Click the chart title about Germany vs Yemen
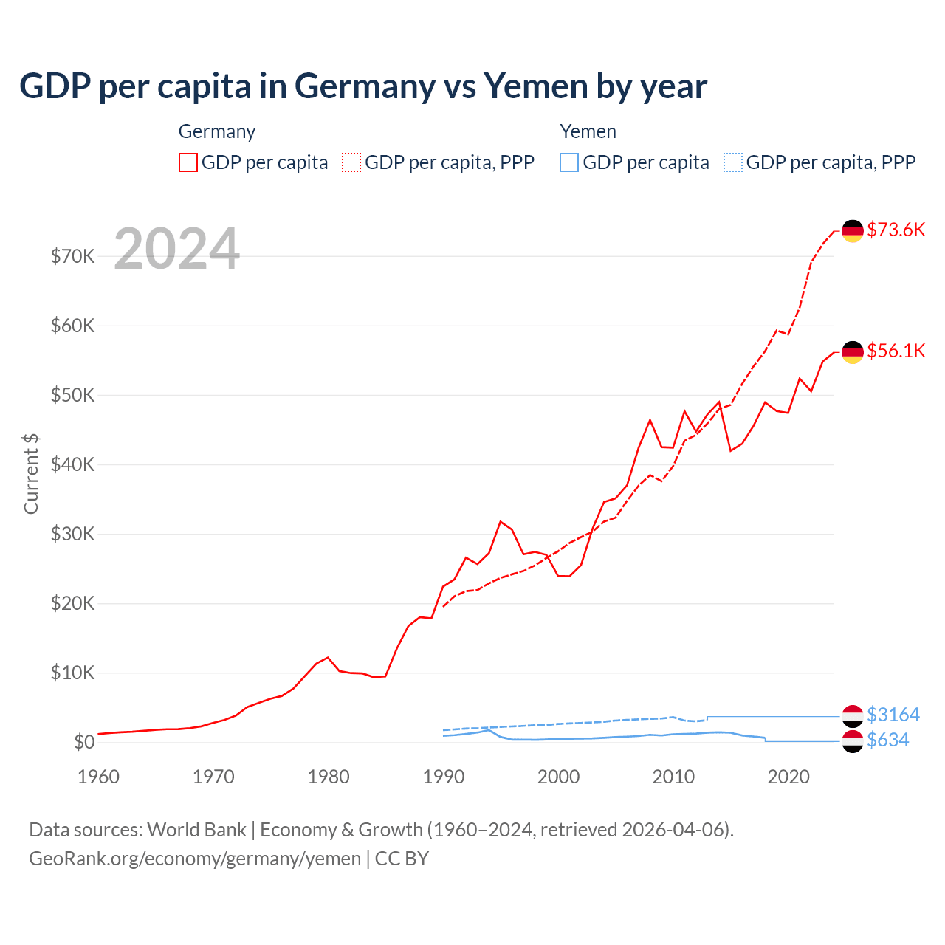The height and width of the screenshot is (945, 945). pos(362,86)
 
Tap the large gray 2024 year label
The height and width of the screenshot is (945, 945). pos(176,249)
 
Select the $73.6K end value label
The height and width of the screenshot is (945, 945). pos(896,230)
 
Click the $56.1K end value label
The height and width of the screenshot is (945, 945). pos(896,351)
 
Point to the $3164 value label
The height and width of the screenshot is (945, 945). pos(893,715)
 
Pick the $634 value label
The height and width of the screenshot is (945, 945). pos(887,740)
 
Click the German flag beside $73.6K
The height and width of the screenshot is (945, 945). pos(853,231)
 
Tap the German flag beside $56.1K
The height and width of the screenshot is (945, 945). pos(853,352)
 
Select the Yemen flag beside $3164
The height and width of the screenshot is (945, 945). pos(853,715)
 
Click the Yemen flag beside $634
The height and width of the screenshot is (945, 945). pos(853,741)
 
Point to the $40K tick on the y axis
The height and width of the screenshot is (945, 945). pos(72,464)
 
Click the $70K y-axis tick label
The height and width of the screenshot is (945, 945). pos(72,256)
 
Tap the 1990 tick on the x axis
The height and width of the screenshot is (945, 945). pos(444,777)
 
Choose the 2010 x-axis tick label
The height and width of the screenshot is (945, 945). pos(673,777)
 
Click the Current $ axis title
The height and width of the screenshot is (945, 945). pos(31,473)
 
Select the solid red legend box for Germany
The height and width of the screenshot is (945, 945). pos(188,162)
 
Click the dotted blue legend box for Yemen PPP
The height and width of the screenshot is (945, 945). pos(733,162)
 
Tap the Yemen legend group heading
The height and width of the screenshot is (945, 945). pos(588,131)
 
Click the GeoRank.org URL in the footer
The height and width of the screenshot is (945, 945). pos(195,859)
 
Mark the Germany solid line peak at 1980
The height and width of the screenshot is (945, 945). pos(328,657)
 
